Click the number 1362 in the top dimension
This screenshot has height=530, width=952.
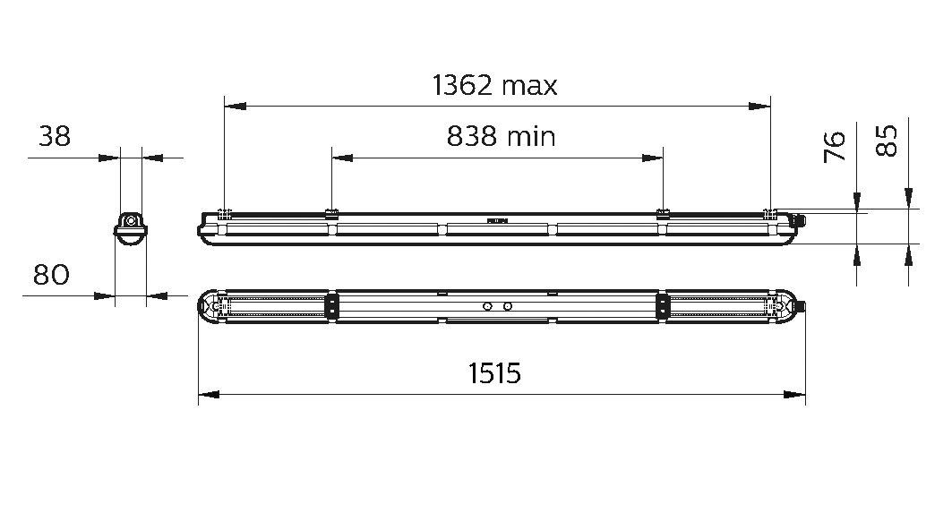pos(462,85)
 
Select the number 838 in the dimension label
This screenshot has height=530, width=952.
pos(472,136)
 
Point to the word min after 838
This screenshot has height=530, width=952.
pos(530,136)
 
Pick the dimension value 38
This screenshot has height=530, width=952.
pos(54,136)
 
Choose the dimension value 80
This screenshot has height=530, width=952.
pos(51,275)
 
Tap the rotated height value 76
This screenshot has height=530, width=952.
pos(834,146)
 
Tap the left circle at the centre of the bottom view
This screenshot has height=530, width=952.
pos(487,306)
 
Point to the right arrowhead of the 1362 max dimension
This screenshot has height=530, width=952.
pos(760,107)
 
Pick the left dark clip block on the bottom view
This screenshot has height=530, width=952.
pos(332,305)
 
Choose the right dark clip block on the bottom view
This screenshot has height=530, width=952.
pos(663,305)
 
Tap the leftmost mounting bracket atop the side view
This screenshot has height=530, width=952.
pos(225,213)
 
